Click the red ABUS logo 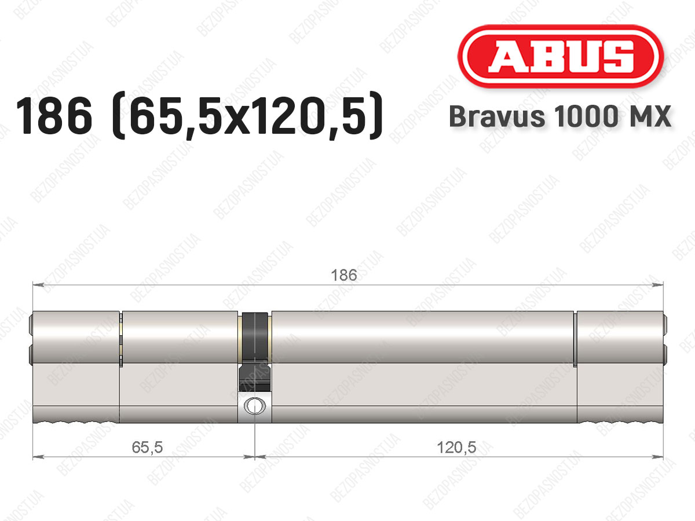[561, 57]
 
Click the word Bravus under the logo [496, 116]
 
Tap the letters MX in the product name [649, 116]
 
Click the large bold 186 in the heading [54, 116]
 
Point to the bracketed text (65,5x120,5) [247, 116]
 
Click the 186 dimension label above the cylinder [344, 275]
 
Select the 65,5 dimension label [147, 447]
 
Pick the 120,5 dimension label [456, 447]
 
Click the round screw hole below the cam [255, 406]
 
